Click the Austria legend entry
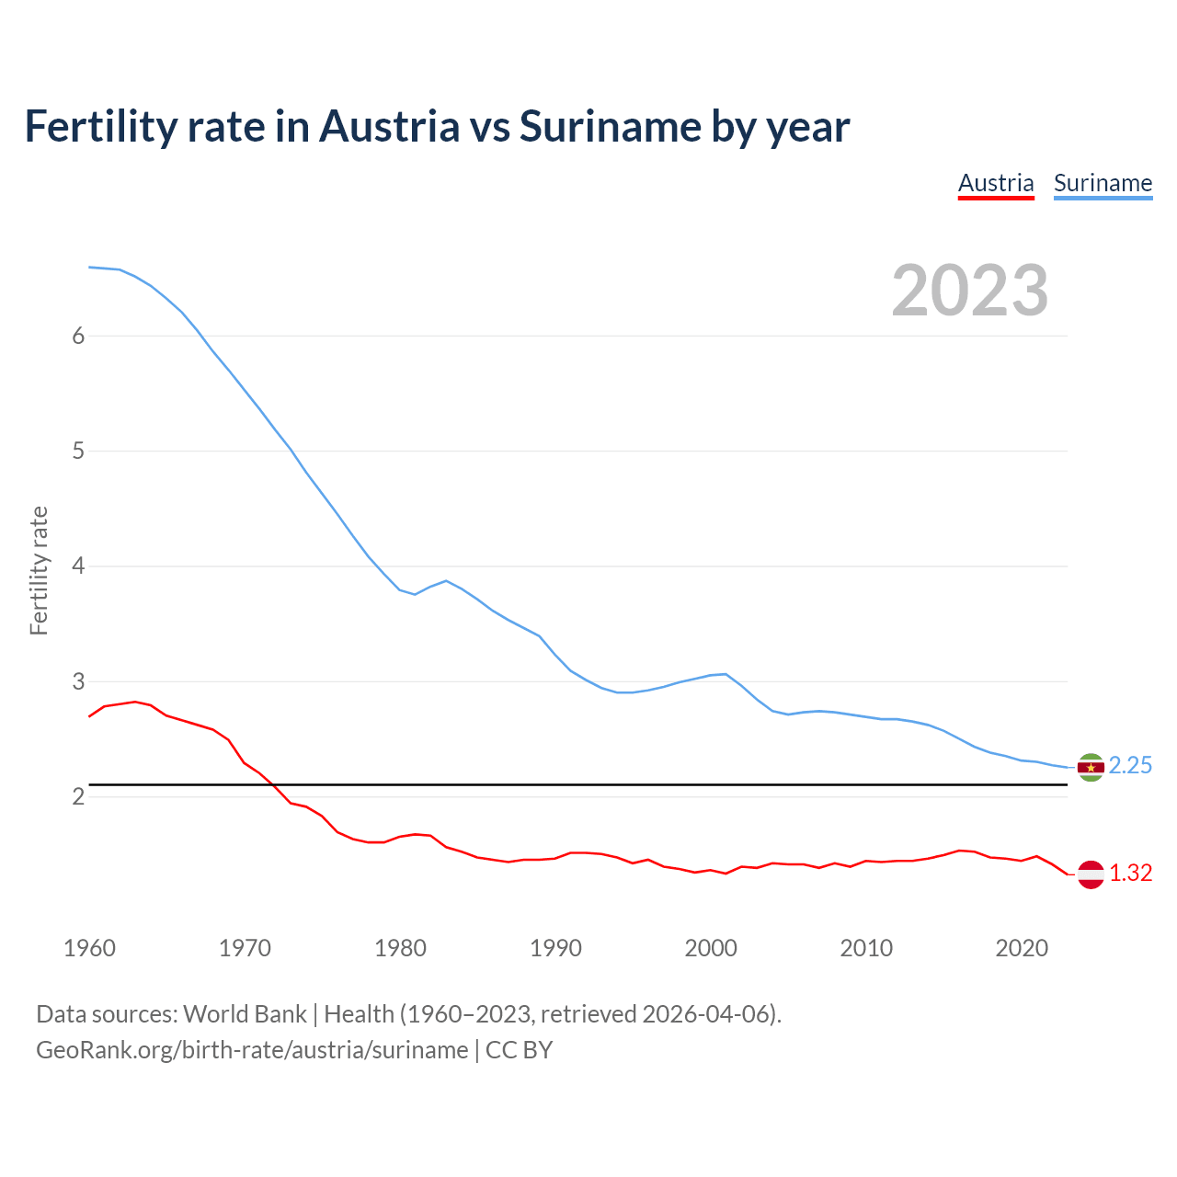996,183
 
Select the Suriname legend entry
1103,183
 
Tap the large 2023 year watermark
970,291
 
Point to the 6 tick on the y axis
78,336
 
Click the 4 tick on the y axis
78,566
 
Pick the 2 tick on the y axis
78,796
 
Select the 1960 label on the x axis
89,948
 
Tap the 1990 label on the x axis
555,948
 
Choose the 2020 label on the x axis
1022,948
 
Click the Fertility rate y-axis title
39,570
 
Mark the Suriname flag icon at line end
1091,767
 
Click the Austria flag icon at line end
1091,874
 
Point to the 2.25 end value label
1130,766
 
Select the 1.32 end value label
1130,873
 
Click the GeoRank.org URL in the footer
252,1049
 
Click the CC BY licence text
519,1049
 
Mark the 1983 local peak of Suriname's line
446,580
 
